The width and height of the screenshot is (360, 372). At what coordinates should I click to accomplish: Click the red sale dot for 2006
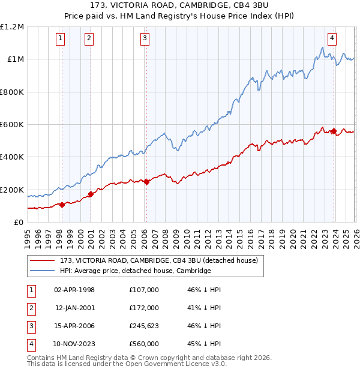(146, 182)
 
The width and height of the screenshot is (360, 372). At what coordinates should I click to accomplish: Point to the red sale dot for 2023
(334, 131)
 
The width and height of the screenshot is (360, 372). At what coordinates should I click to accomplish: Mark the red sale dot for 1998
(62, 205)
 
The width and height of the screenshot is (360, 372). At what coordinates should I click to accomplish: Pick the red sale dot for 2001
(91, 194)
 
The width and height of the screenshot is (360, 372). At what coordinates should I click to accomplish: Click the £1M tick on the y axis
(16, 59)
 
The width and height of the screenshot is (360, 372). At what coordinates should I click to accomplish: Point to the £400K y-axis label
(12, 157)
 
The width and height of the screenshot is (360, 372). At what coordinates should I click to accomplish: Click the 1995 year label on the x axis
(28, 237)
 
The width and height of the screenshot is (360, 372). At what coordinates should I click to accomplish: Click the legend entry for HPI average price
(135, 271)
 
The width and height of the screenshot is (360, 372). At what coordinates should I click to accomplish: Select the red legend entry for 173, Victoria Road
(158, 260)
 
